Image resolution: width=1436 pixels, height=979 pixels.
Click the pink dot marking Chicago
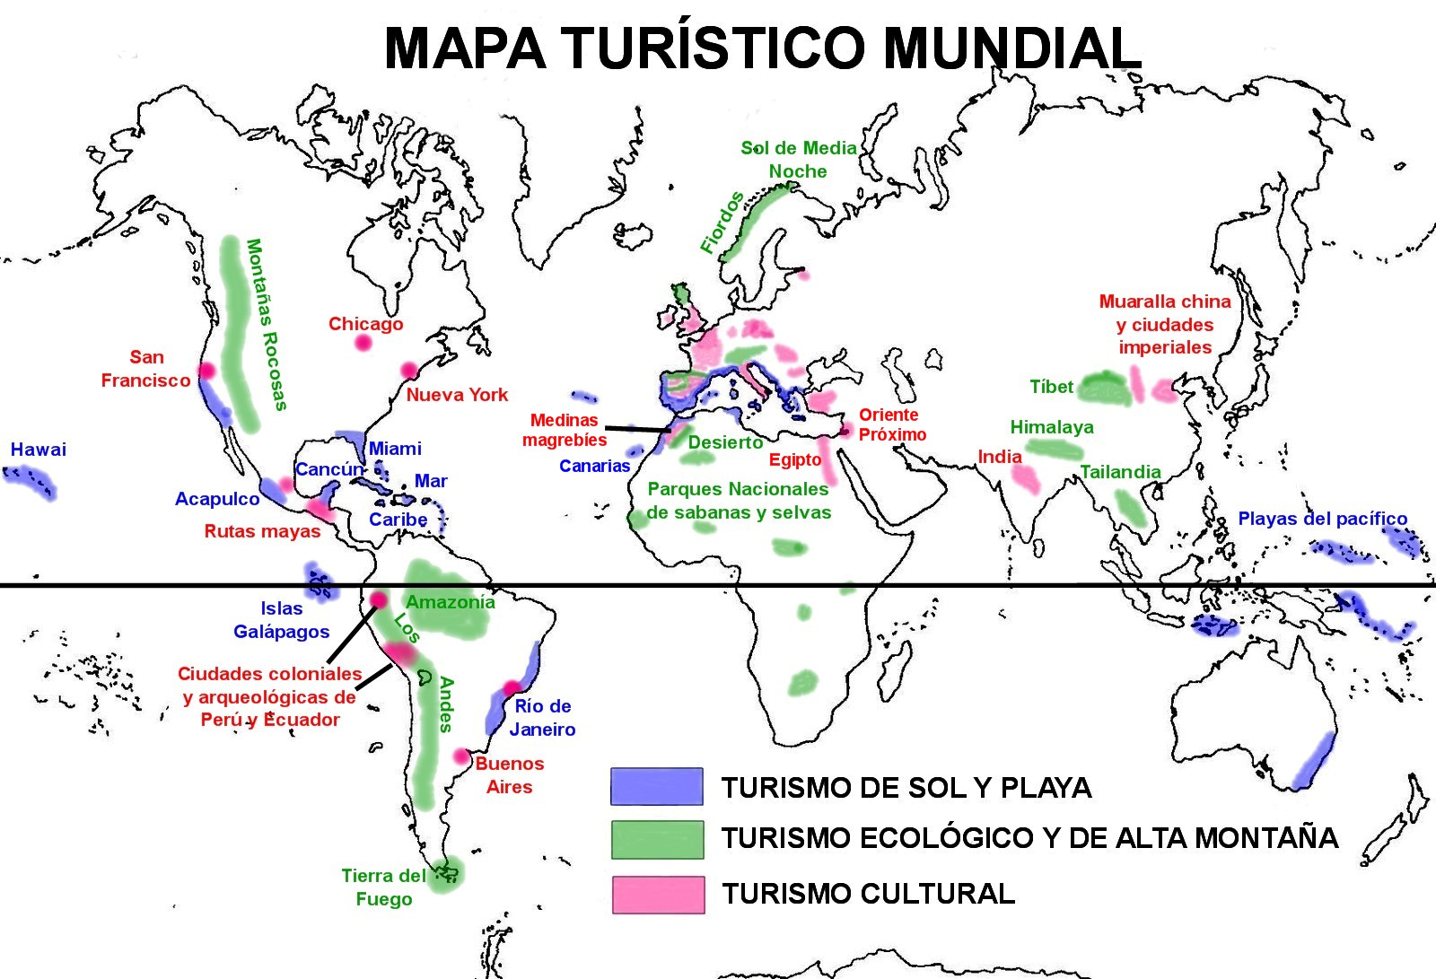(x=363, y=342)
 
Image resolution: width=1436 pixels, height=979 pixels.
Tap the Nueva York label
(x=457, y=395)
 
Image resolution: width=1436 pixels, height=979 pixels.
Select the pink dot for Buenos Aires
(x=462, y=756)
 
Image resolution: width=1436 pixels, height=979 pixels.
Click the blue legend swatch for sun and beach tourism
(x=656, y=786)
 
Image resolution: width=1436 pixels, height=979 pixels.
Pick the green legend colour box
(x=657, y=840)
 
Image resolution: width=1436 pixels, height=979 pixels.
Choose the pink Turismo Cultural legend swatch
(x=658, y=895)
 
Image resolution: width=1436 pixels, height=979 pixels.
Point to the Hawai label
(x=39, y=450)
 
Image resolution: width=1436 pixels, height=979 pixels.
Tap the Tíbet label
(x=1051, y=387)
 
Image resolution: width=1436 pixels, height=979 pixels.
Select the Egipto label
(x=794, y=460)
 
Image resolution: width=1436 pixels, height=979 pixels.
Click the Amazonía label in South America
(x=451, y=602)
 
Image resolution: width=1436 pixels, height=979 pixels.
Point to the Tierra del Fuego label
(x=384, y=887)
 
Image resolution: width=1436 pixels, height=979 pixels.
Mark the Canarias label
(x=594, y=466)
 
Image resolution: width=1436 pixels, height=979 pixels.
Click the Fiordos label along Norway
(x=722, y=223)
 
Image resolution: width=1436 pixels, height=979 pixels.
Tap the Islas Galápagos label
(x=282, y=620)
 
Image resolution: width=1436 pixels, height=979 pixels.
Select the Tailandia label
(x=1120, y=472)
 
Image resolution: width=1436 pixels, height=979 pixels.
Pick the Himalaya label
(x=1052, y=427)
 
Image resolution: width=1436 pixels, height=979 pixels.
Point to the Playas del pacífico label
(x=1322, y=519)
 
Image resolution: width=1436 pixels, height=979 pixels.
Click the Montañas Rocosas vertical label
(x=267, y=324)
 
